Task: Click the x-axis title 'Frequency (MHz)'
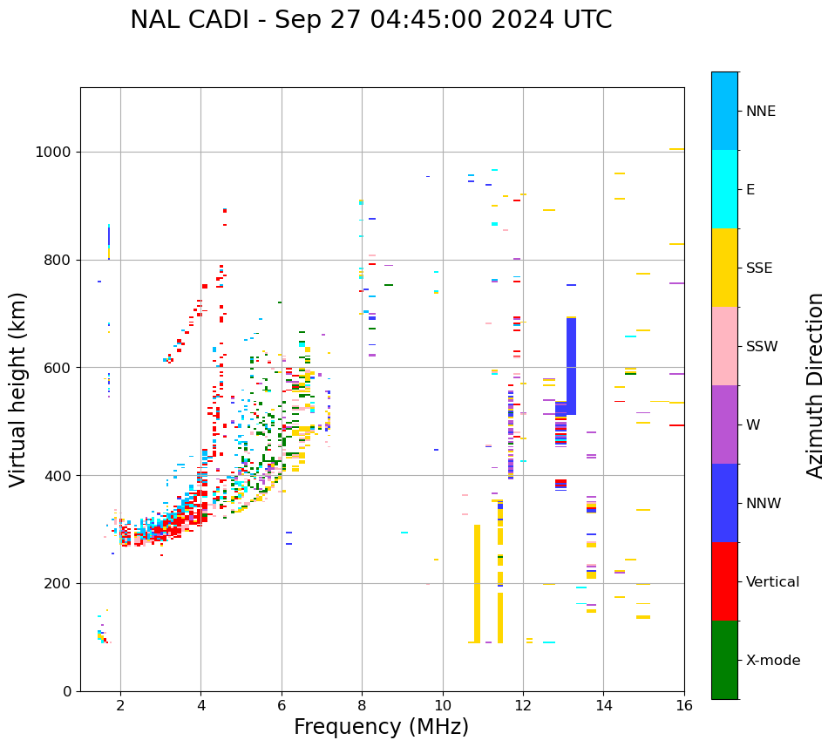pos(381,727)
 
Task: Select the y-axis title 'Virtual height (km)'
pos(18,389)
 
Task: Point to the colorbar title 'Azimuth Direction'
pos(815,385)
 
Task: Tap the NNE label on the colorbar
pos(760,112)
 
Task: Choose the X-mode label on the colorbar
pos(772,661)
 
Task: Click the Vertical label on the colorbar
pos(772,582)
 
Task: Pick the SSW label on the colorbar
pos(762,347)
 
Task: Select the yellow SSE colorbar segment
pos(724,268)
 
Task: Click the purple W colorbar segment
pos(724,424)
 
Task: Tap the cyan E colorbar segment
pos(724,189)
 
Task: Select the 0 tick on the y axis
pos(67,691)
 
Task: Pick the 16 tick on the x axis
pos(683,705)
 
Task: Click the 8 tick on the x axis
pos(362,705)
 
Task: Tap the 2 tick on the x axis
pos(120,705)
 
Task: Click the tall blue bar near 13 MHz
pos(571,366)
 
